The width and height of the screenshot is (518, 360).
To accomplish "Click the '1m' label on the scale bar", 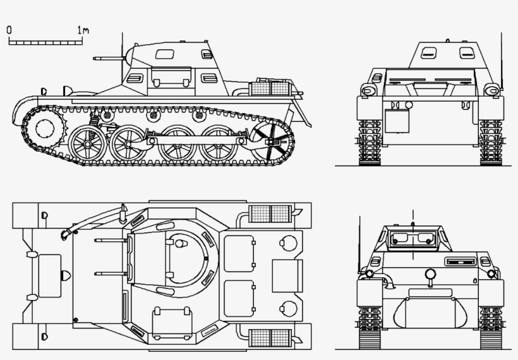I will [82, 30].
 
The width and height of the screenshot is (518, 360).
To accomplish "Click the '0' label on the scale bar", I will [9, 30].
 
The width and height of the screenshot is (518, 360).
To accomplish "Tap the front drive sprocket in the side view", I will [46, 128].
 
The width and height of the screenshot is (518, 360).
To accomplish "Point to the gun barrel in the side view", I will [107, 58].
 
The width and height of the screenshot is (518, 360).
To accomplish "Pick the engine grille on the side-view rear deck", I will [270, 87].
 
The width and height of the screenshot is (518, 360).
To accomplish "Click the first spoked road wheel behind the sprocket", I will [87, 143].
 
